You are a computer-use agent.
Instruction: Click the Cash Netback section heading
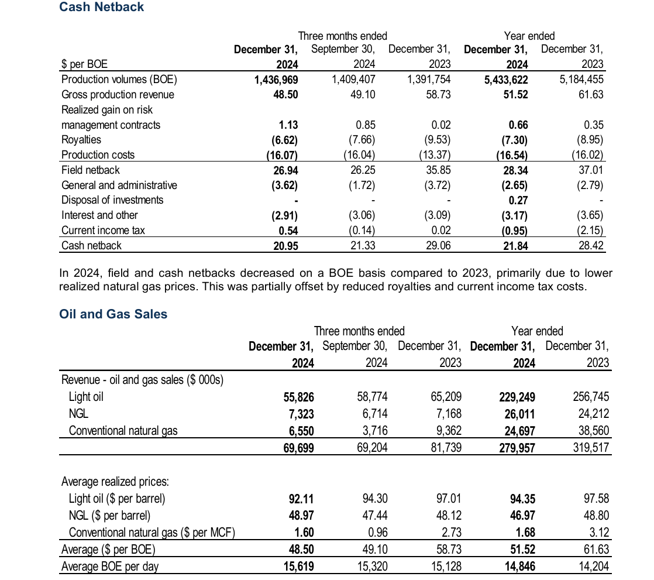pos(102,7)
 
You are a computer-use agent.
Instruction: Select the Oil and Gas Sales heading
pos(113,314)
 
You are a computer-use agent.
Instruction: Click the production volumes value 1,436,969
pos(276,80)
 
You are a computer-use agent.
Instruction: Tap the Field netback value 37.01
pos(591,170)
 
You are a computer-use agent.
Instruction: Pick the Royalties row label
pos(81,140)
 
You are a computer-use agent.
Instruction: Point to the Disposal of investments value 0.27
pos(518,200)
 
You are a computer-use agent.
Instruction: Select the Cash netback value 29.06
pos(438,246)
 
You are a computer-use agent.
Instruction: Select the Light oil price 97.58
pos(596,499)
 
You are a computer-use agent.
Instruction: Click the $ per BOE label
pos(84,64)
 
